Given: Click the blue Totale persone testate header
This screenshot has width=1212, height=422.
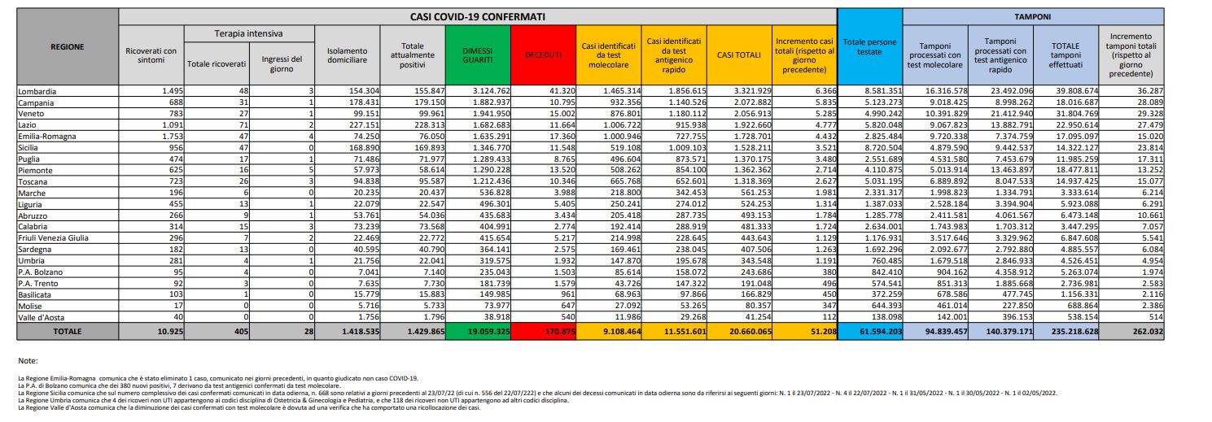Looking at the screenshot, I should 870,48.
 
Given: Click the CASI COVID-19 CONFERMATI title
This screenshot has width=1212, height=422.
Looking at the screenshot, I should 478,15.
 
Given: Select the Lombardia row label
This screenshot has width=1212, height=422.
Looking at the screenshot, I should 38,92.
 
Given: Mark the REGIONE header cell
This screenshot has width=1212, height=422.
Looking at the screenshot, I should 67,47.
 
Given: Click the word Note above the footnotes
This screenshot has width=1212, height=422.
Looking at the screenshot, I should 28,360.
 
